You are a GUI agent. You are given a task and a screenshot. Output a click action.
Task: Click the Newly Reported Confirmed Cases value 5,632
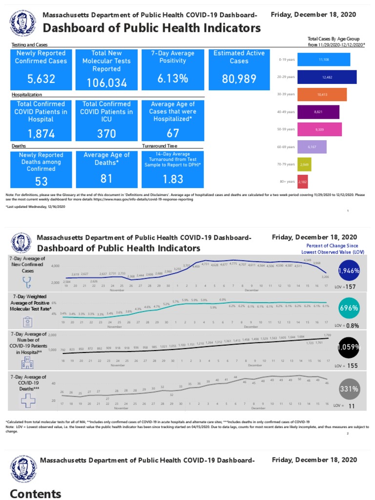[42, 79]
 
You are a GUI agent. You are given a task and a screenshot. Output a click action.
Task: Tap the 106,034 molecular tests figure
[107, 83]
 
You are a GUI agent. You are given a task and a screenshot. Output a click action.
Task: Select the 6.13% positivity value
[172, 79]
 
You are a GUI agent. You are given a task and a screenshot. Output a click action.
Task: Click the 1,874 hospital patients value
[42, 134]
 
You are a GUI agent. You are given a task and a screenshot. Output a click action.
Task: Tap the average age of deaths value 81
[107, 179]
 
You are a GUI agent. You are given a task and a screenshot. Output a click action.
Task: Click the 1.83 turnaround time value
[172, 179]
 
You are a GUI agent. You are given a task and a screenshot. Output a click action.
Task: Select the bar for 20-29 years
[327, 77]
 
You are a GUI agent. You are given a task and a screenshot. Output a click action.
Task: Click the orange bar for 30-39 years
[322, 94]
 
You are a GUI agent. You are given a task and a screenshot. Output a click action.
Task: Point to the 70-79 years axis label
[287, 165]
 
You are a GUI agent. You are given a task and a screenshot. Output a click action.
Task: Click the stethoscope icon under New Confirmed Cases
[27, 282]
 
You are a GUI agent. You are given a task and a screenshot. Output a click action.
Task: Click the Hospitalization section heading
[27, 94]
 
